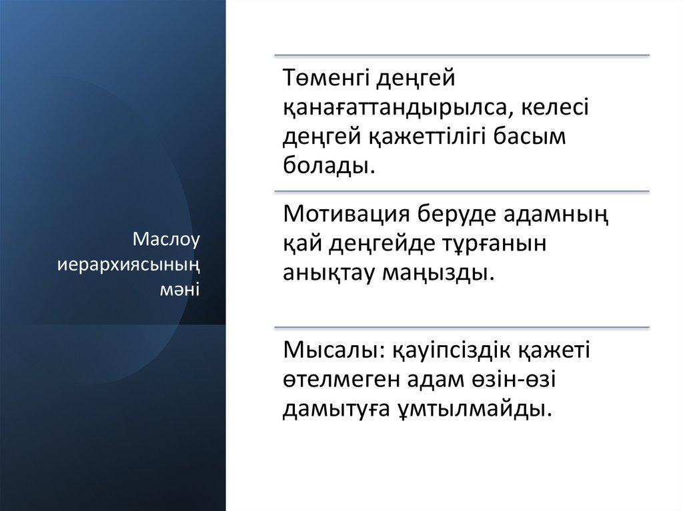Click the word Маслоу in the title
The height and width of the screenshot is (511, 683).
click(x=167, y=239)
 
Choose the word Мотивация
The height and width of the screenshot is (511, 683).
click(x=346, y=215)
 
